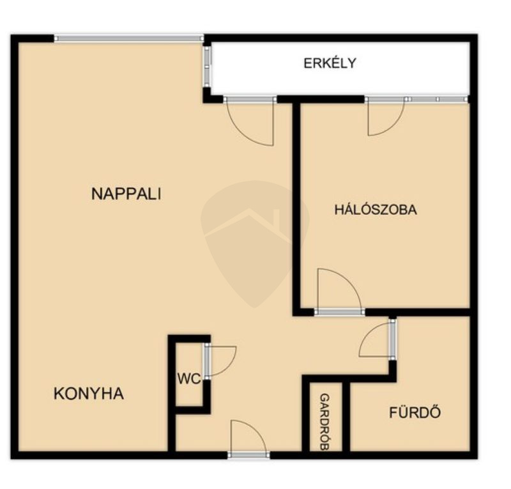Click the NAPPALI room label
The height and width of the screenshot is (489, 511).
click(126, 194)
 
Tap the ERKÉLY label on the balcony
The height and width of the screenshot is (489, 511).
click(330, 63)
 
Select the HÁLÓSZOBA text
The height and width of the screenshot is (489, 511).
click(376, 210)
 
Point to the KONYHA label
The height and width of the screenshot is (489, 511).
click(89, 393)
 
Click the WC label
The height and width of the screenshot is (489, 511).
click(189, 379)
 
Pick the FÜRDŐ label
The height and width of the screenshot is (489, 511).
click(415, 412)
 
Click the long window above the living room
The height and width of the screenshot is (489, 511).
click(129, 38)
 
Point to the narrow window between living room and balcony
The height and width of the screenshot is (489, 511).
click(207, 66)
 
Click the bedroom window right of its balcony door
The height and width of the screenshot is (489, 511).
click(436, 99)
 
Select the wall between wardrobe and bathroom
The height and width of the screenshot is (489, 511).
click(346, 416)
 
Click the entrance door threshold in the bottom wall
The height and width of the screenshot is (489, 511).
click(248, 455)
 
